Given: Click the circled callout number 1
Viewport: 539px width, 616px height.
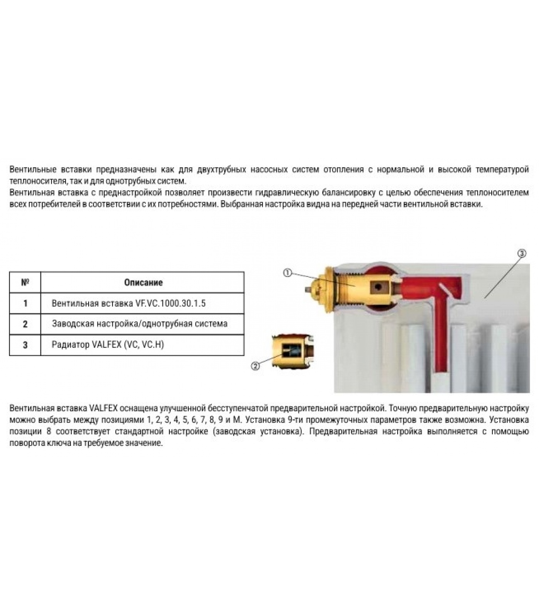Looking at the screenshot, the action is click(x=288, y=273).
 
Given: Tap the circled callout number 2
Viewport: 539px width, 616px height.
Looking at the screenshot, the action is click(x=255, y=366).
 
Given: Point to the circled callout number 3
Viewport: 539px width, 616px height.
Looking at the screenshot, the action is click(x=522, y=253).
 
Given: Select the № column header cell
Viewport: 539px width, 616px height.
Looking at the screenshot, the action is click(x=25, y=283).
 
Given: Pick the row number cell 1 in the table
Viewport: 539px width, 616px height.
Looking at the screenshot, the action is click(x=25, y=303).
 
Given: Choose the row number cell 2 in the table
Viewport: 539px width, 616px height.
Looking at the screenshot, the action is click(x=25, y=324).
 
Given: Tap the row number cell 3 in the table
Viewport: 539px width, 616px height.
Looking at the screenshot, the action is click(x=25, y=345).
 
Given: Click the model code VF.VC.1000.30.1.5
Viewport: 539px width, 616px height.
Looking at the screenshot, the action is click(x=170, y=303).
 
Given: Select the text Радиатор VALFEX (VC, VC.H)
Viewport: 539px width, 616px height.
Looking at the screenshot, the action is click(x=108, y=345).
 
